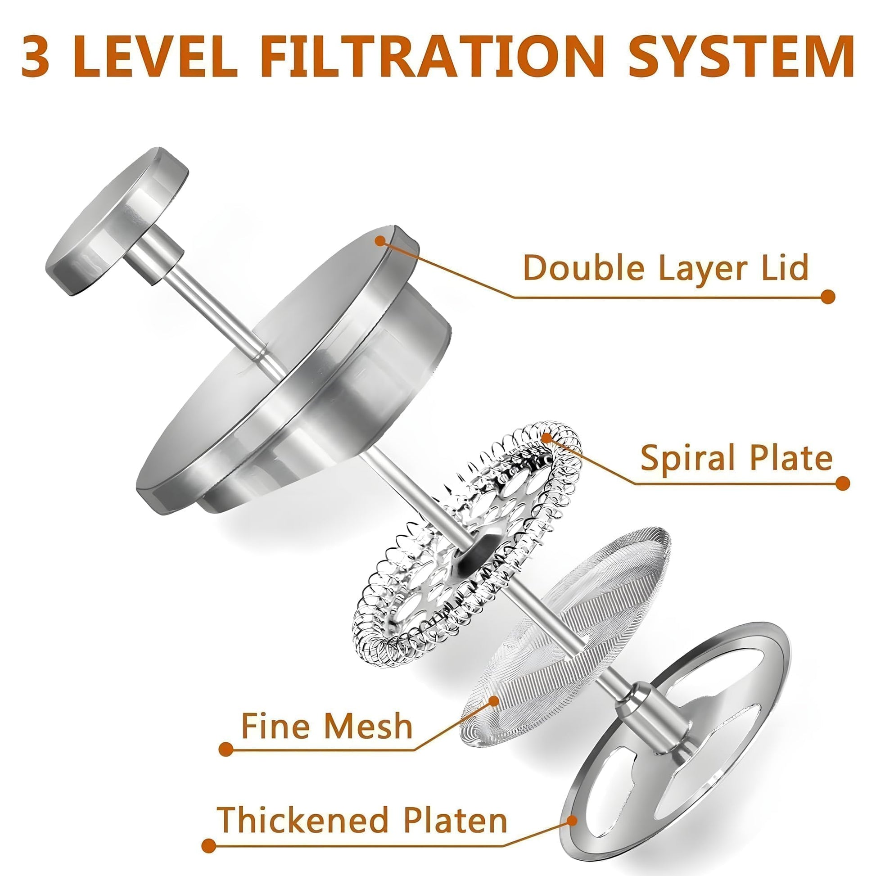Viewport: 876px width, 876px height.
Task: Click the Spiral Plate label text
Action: coord(737,458)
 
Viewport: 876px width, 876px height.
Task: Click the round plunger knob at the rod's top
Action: coord(117,221)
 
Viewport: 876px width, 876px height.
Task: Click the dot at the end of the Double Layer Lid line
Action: coord(828,297)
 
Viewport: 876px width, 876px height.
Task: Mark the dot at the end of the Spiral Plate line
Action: coord(842,483)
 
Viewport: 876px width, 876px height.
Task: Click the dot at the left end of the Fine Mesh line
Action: coord(226,749)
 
